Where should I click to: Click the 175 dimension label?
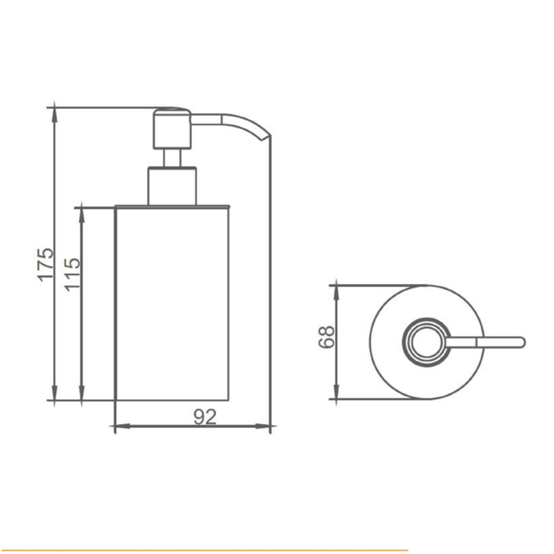(47, 263)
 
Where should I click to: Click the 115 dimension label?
(73, 274)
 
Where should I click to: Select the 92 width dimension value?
(205, 417)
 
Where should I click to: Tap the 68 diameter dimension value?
(327, 336)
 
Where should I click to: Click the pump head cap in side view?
(172, 129)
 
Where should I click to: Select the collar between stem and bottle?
(172, 186)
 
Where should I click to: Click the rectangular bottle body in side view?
(172, 305)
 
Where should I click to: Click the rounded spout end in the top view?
(520, 342)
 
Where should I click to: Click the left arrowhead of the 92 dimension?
(119, 427)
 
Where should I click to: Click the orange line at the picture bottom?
(205, 550)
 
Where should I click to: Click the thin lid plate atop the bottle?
(172, 207)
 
